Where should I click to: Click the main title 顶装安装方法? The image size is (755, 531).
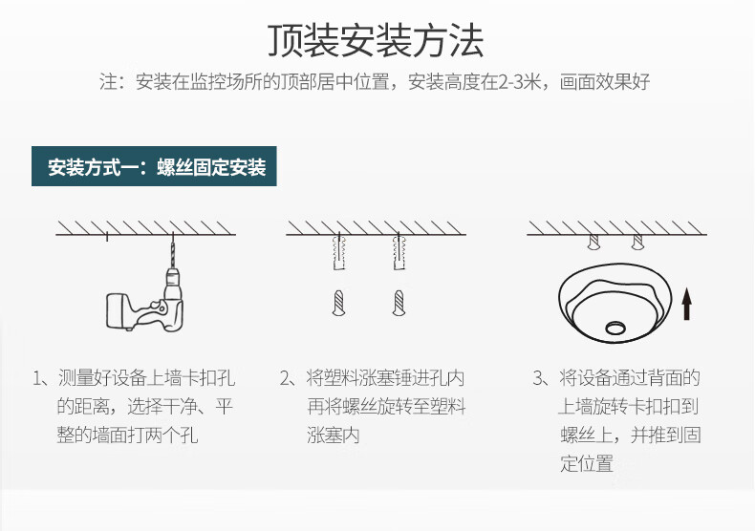[x=376, y=40]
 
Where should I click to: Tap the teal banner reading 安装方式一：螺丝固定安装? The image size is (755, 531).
[x=154, y=166]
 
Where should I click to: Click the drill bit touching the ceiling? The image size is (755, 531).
[x=172, y=251]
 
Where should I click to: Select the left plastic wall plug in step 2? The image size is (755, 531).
[x=339, y=252]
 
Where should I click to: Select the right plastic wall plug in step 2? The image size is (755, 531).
[x=399, y=252]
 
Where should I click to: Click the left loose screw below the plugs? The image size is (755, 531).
[x=339, y=303]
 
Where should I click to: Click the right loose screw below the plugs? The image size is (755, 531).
[x=399, y=303]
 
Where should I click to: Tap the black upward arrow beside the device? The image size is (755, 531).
[x=686, y=304]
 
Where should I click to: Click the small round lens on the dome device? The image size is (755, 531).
[x=615, y=329]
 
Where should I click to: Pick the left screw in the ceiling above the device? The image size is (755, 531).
[x=593, y=242]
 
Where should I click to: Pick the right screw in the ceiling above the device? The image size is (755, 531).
[x=637, y=242]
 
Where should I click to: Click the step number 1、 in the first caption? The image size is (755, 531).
[x=41, y=378]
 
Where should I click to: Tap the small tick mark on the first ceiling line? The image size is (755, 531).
[x=107, y=237]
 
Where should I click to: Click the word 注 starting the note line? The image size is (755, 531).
[x=108, y=82]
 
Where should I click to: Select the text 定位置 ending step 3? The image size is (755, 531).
[x=587, y=463]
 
